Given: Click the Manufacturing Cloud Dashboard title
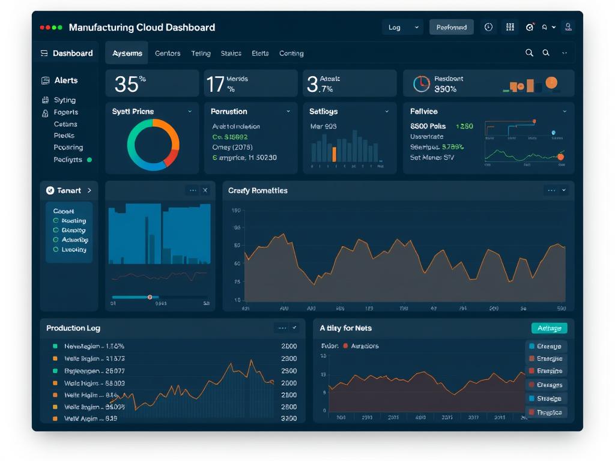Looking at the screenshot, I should [x=142, y=28].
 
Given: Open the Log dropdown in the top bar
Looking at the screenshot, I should [x=402, y=27].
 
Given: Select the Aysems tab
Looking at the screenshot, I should [x=127, y=53].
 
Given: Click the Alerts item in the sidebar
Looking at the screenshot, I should [x=66, y=80].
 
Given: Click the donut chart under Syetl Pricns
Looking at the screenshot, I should [x=153, y=145].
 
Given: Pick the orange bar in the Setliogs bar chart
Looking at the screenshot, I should [x=335, y=154].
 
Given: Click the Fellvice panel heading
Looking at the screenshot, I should [x=424, y=112].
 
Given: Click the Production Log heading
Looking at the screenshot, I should [x=73, y=328].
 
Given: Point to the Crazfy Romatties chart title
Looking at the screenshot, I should [x=258, y=191].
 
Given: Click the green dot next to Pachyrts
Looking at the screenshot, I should [x=89, y=160].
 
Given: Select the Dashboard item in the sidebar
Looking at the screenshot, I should [x=72, y=53].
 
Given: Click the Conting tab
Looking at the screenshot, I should [x=291, y=53].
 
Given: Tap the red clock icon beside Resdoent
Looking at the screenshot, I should [x=422, y=84].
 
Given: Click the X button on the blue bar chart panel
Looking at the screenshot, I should [x=205, y=190].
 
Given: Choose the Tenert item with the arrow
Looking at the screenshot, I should [x=69, y=190].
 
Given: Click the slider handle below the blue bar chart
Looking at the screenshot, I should [x=150, y=297].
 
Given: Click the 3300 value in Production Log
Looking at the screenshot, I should [x=289, y=418].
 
